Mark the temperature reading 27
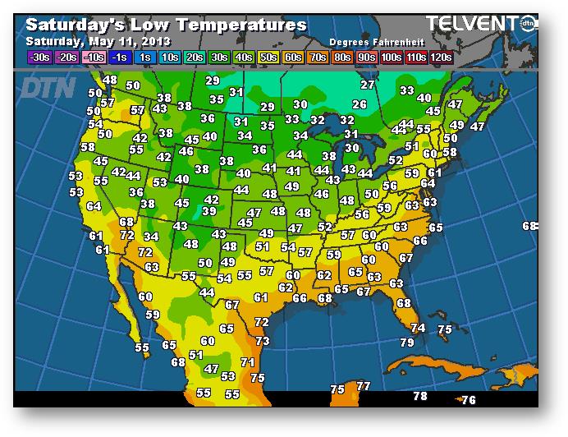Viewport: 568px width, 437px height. [x=368, y=85]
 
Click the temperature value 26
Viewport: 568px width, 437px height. [x=359, y=105]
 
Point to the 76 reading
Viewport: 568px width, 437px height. [x=469, y=400]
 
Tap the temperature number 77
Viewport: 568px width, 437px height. [x=364, y=386]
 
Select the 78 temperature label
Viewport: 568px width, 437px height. [x=420, y=396]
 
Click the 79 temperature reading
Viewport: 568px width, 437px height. [x=407, y=343]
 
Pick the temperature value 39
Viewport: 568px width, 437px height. [x=209, y=211]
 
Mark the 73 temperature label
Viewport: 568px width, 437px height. [x=263, y=341]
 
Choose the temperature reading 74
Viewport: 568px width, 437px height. [x=418, y=328]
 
